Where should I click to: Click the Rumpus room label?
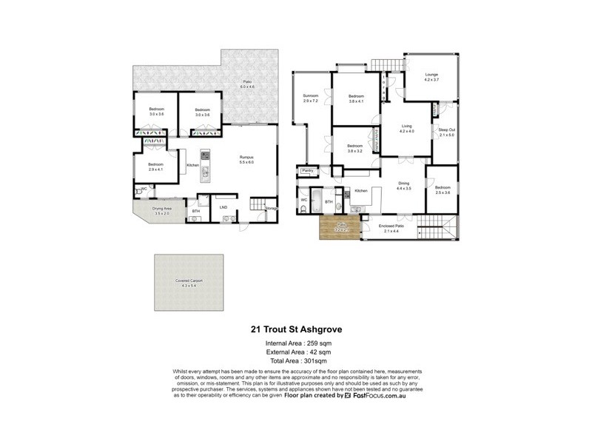click(246, 159)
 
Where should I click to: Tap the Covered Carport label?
click(189, 283)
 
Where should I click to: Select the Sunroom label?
click(310, 98)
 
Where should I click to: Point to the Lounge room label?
click(432, 77)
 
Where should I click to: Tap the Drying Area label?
click(162, 210)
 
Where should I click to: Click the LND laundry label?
click(223, 208)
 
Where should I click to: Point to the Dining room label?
click(403, 186)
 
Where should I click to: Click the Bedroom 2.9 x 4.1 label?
click(155, 166)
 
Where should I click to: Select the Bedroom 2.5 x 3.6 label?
click(443, 190)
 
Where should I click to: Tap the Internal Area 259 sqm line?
click(296, 344)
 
